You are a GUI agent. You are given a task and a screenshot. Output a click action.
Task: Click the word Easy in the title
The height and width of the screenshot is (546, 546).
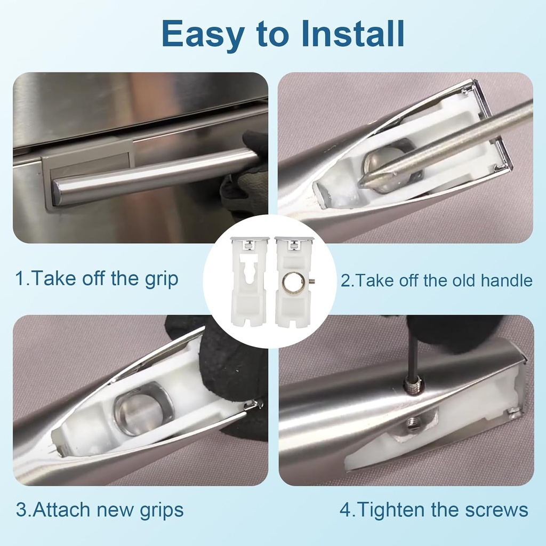coord(203,34)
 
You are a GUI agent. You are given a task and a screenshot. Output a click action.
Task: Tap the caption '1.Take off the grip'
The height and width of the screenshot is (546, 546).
coord(97,278)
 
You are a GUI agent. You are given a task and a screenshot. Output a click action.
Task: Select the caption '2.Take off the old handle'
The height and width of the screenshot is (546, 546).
coord(436,280)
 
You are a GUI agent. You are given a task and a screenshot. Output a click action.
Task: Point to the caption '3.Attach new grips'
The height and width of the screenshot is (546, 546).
coord(100,510)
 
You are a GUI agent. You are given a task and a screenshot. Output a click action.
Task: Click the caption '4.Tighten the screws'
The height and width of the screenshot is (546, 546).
coord(434,510)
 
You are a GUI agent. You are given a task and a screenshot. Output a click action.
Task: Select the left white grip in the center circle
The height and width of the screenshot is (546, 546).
coord(250,282)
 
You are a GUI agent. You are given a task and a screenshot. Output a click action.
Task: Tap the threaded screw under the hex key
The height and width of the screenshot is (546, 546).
coord(413,385)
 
